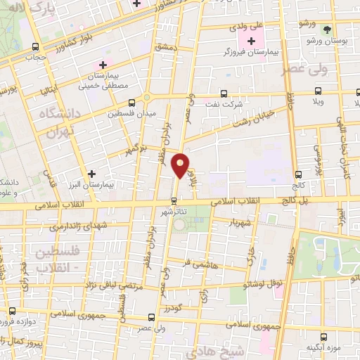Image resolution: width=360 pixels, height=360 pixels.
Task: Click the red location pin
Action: click(x=181, y=165)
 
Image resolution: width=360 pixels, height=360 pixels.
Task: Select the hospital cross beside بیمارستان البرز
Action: click(x=91, y=172)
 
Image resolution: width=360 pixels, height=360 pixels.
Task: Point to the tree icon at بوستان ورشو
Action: click(x=327, y=30)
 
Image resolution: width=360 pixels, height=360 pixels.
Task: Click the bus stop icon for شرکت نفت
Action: click(x=224, y=93)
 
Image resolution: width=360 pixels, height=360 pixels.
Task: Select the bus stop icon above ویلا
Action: click(x=318, y=91)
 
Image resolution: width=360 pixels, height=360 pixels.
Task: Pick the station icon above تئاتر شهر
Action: click(x=174, y=199)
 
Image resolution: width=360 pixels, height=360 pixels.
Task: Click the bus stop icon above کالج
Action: click(x=299, y=174)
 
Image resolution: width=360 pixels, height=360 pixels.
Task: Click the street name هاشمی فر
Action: click(x=198, y=264)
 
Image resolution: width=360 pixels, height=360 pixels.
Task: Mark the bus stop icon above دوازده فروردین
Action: click(x=11, y=310)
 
